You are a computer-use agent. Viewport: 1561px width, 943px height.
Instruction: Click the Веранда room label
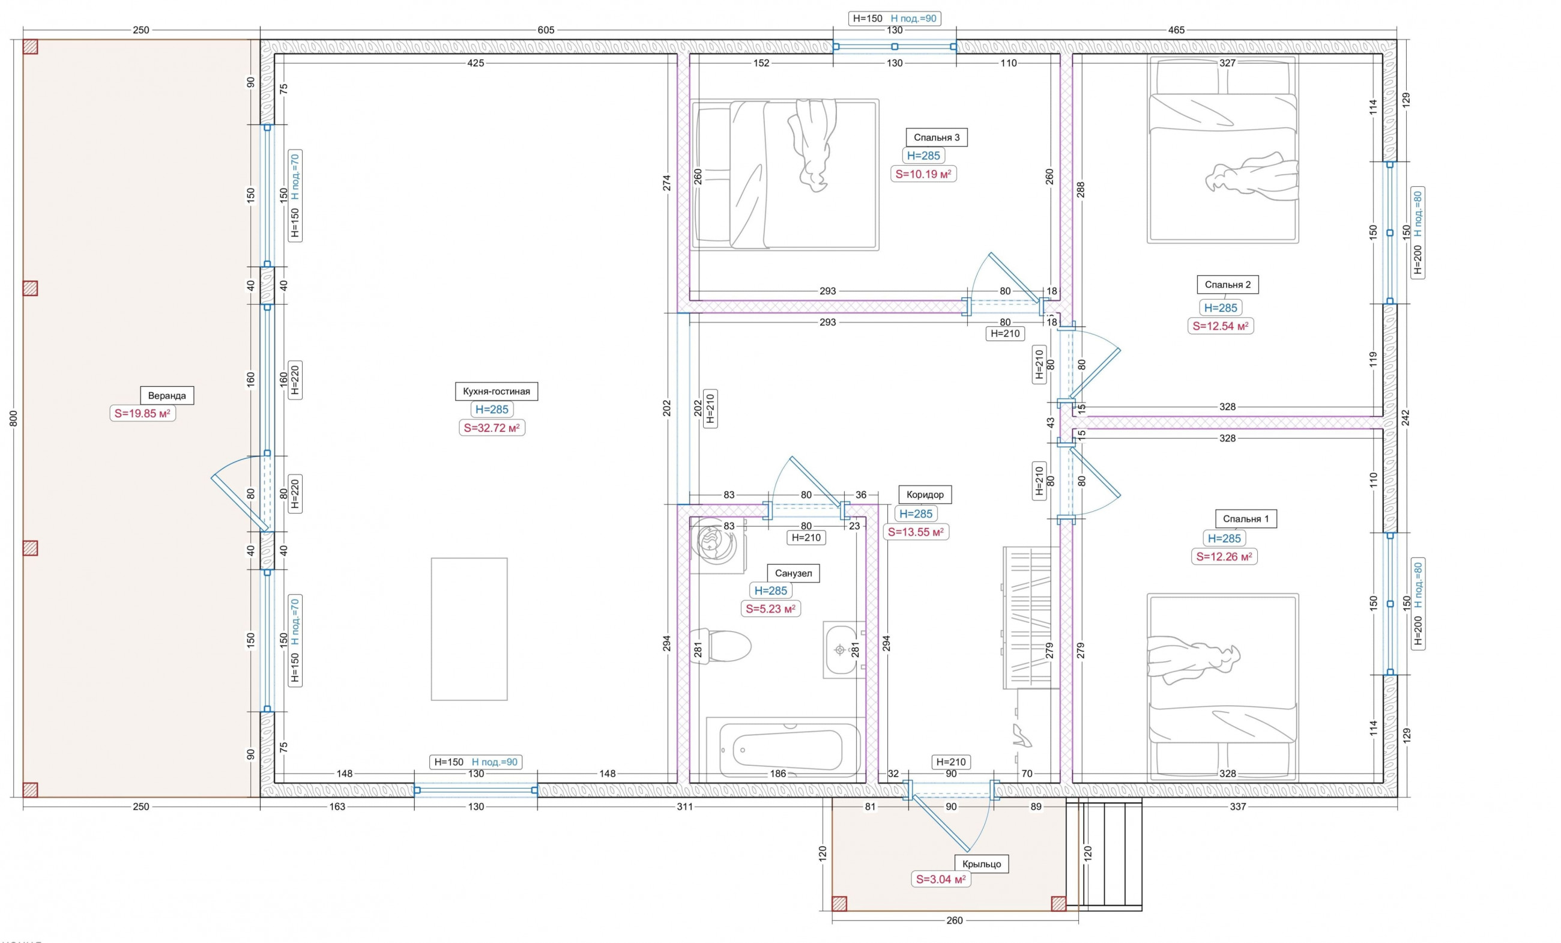click(x=167, y=395)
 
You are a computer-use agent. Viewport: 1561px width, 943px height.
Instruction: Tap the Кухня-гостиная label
click(x=496, y=391)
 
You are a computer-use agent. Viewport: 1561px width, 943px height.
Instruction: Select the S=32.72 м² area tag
click(x=492, y=428)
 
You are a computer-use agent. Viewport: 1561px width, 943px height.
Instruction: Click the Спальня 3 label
click(x=937, y=138)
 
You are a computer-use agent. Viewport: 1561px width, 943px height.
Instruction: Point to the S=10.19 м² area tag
click(x=923, y=174)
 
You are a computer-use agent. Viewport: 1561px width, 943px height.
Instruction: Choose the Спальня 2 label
click(x=1228, y=285)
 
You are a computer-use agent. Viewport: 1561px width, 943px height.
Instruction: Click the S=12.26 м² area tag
click(x=1224, y=557)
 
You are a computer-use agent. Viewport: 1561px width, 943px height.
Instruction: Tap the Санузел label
click(x=793, y=574)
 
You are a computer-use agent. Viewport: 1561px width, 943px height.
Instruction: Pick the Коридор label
click(x=925, y=494)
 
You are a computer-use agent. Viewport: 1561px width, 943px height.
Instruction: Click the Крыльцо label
click(x=981, y=864)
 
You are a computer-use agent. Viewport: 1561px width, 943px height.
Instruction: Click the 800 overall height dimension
click(x=14, y=418)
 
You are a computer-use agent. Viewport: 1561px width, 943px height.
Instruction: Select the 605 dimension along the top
click(x=546, y=30)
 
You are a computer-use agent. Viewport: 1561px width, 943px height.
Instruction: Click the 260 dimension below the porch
click(x=955, y=920)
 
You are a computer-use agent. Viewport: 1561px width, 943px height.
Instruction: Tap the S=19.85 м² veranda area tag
click(x=142, y=413)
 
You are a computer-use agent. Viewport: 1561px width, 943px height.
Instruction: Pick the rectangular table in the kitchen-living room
click(x=470, y=629)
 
